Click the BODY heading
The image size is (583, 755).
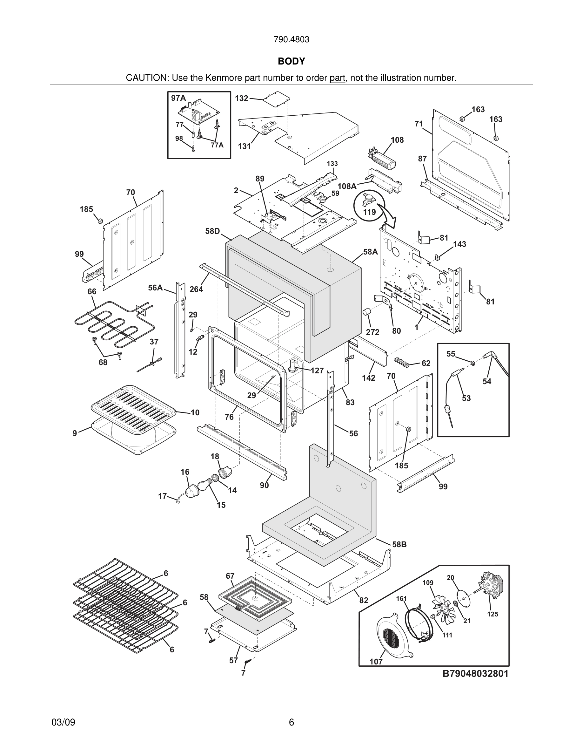click(291, 61)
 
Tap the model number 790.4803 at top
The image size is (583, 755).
click(291, 40)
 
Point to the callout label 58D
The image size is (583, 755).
click(212, 231)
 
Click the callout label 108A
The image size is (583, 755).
click(347, 186)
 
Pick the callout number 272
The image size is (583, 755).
click(373, 332)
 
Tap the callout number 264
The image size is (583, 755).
click(196, 289)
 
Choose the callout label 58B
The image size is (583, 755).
click(399, 544)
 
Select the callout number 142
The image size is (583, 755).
click(369, 378)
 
